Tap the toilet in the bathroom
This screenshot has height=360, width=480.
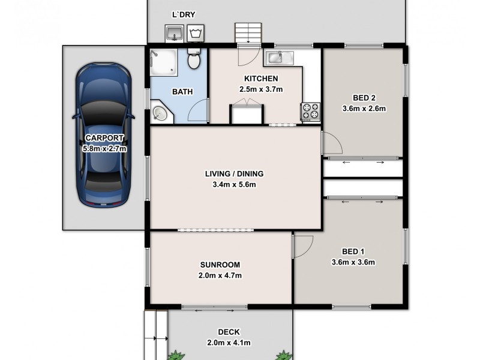point(194,59)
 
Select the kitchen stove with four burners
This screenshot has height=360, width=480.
point(311,111)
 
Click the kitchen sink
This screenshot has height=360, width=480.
point(277,58)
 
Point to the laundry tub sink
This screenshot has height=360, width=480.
point(174,34)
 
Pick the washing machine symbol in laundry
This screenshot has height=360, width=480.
point(195,33)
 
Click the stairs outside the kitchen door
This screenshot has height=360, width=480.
point(248,34)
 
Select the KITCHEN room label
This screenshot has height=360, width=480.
point(260,79)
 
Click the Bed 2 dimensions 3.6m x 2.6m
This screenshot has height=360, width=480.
point(364,109)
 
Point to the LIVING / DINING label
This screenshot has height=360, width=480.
point(234,174)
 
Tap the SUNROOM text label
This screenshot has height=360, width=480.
point(220,265)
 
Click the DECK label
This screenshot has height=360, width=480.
point(229,332)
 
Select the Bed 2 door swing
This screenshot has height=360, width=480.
point(331,142)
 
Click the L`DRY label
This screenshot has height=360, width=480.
point(184,14)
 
